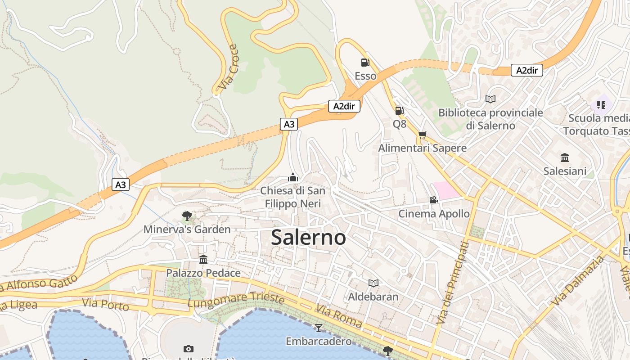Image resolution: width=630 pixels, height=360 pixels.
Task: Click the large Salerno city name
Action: click(x=308, y=237)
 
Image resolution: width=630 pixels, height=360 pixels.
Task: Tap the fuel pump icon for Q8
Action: click(x=399, y=111)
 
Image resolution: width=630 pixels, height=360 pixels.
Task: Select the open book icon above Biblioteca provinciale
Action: click(x=490, y=99)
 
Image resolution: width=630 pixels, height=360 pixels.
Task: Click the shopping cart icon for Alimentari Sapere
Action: click(x=422, y=135)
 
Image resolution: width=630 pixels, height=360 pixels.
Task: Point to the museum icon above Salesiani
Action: click(x=565, y=157)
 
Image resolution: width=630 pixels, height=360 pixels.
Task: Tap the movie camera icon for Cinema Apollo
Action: click(x=433, y=200)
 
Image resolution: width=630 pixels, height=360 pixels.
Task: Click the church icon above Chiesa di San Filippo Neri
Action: click(x=293, y=177)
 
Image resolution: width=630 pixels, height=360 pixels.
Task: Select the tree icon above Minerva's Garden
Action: click(x=187, y=216)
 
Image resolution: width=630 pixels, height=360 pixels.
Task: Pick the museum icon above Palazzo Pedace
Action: click(x=203, y=260)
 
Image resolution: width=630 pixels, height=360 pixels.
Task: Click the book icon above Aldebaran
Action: click(x=373, y=283)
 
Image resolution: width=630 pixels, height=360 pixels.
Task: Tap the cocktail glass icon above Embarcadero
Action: click(x=319, y=328)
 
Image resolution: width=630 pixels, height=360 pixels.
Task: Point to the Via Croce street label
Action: click(x=227, y=67)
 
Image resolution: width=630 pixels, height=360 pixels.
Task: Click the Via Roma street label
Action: click(x=338, y=316)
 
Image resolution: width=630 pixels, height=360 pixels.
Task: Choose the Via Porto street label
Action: click(x=105, y=304)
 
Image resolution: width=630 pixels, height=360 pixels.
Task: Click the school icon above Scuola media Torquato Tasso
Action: click(x=601, y=105)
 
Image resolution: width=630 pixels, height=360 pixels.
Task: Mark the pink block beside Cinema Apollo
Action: click(x=446, y=190)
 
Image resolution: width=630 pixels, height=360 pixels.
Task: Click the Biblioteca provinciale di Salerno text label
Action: click(x=490, y=119)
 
